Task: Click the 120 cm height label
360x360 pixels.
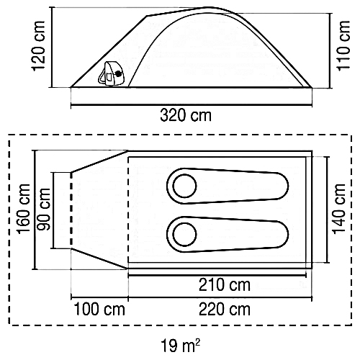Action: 38,46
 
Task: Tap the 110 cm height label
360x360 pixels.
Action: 343,45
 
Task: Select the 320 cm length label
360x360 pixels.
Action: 186,115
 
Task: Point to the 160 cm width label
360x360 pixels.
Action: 23,209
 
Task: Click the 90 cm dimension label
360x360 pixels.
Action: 44,210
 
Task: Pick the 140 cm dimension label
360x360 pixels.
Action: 338,208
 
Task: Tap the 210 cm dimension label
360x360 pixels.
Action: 225,285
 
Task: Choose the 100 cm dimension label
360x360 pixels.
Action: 99,309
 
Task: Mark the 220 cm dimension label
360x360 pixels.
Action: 225,309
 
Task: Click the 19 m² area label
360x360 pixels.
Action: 180,346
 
